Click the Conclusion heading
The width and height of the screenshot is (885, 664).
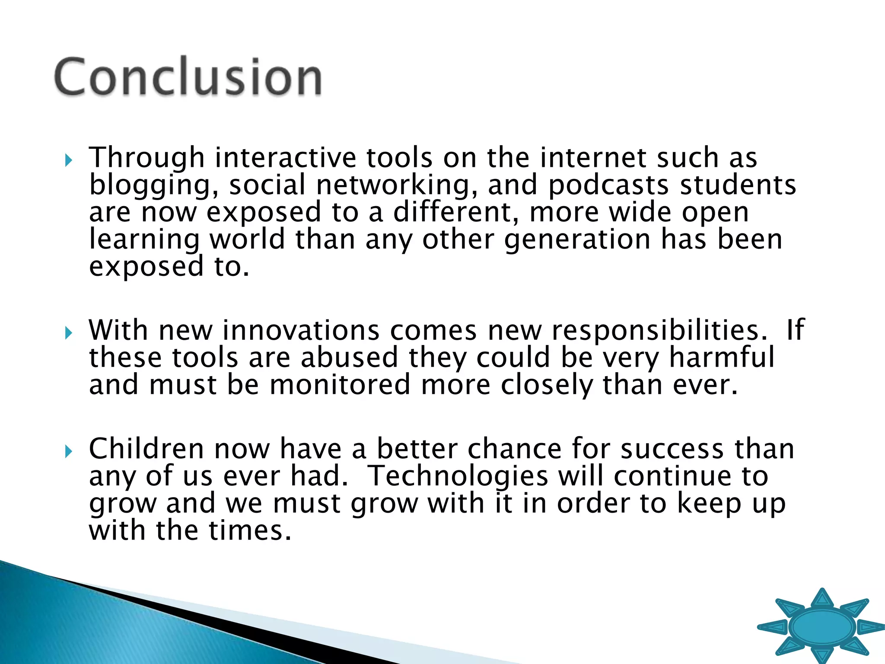[188, 77]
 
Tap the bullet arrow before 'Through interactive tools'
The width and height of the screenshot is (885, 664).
[68, 161]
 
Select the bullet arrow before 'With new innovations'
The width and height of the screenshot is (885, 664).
[68, 333]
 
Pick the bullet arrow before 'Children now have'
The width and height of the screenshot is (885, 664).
[68, 452]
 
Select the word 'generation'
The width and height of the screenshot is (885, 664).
[577, 239]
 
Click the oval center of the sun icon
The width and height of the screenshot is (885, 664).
[822, 627]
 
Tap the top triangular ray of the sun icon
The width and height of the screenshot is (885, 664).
[822, 599]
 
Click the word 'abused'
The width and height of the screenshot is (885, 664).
[349, 358]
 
